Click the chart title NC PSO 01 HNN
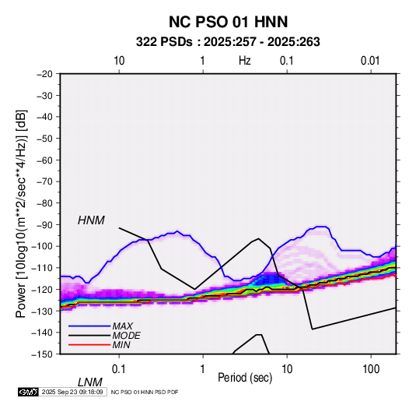(228, 22)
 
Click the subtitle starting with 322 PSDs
(228, 42)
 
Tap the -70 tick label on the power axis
(44, 181)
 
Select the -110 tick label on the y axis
(42, 268)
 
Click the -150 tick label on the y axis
(42, 354)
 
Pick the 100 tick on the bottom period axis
(371, 369)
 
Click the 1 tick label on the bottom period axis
(203, 369)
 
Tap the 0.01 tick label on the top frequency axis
(370, 61)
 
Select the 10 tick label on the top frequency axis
(119, 61)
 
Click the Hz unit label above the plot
(245, 61)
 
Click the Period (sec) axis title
(245, 378)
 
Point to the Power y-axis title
(21, 213)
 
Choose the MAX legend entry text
(123, 326)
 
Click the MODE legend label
(126, 336)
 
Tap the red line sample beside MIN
(89, 345)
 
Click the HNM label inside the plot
(91, 220)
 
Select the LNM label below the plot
(90, 382)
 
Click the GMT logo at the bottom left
(28, 392)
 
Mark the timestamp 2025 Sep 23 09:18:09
(72, 392)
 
